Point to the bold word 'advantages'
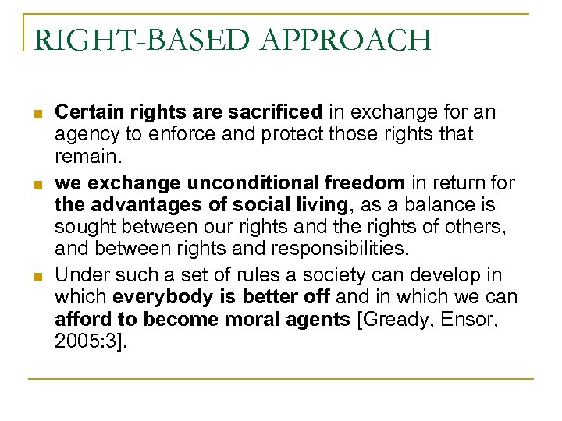[135, 205]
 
